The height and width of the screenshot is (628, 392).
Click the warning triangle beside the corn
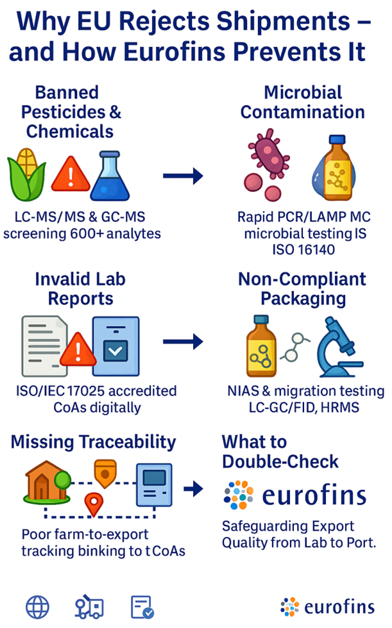(x=71, y=174)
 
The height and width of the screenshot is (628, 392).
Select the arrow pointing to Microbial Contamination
(x=183, y=176)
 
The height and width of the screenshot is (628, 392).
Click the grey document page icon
(x=44, y=346)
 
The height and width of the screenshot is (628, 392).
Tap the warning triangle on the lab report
(x=78, y=350)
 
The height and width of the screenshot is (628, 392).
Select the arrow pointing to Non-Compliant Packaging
(x=183, y=342)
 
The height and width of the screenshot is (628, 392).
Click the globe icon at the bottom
(x=37, y=607)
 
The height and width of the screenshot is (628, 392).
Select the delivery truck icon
(x=89, y=606)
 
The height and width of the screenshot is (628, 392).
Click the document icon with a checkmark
(x=142, y=607)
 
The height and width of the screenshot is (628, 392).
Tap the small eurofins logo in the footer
(x=328, y=607)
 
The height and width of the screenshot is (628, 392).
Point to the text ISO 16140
(x=303, y=249)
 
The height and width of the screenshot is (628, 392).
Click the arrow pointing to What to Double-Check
(x=194, y=488)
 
